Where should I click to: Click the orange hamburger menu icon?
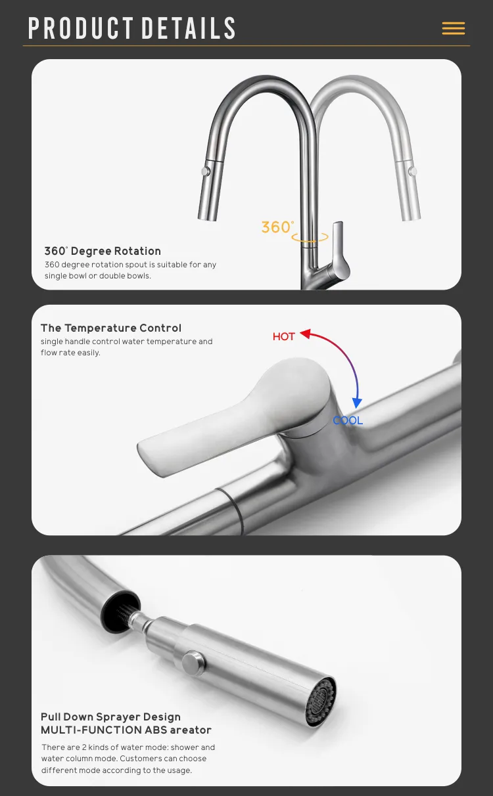coord(453,28)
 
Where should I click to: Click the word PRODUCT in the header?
coord(81,28)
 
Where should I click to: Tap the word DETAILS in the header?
coord(189,28)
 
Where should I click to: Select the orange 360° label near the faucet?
coord(278,227)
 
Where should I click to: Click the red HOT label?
coord(284,336)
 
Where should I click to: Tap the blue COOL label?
coord(348,421)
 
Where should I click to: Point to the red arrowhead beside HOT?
coord(306,334)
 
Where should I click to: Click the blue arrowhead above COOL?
coord(357,403)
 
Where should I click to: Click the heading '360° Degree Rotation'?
coord(103,251)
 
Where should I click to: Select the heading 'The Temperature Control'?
coord(111,328)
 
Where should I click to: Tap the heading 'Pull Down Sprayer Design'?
coord(110,717)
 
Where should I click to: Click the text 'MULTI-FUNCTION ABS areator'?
coord(126,730)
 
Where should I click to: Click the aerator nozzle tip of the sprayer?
coord(321,701)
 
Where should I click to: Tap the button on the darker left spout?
coord(206,171)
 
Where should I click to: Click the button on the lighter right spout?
coord(413,171)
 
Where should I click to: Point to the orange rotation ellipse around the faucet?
coord(310,241)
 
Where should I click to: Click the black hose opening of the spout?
coord(120,611)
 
